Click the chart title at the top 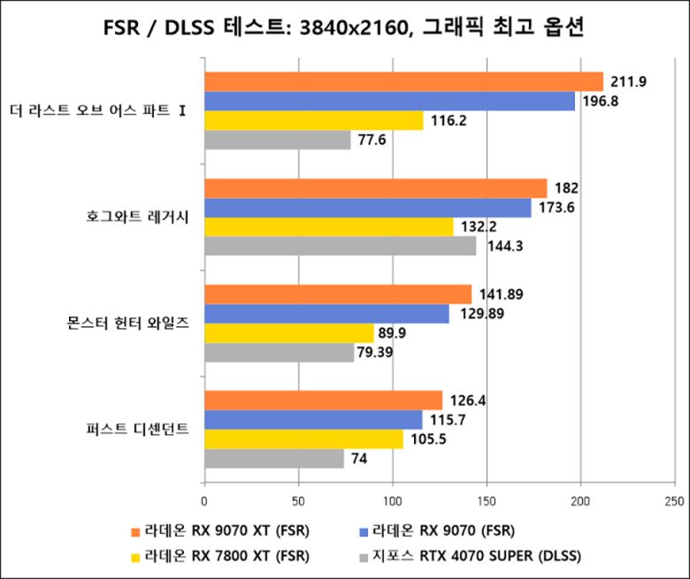tap(344, 28)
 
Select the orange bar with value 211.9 tap(403, 82)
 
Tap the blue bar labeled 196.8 tap(389, 102)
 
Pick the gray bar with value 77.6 tap(278, 141)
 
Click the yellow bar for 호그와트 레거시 tap(329, 227)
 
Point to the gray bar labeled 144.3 tap(341, 247)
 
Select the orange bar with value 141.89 tap(338, 294)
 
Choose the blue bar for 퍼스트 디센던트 tap(313, 420)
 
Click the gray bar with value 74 tap(274, 459)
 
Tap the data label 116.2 tap(448, 121)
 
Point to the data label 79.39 tap(375, 353)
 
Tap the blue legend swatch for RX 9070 tap(363, 532)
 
